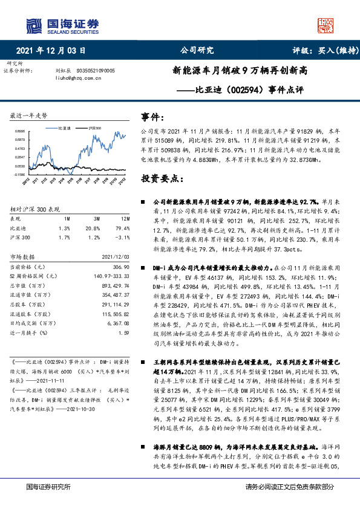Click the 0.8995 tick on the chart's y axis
(x=20, y=130)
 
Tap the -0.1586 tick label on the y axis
(x=20, y=174)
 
